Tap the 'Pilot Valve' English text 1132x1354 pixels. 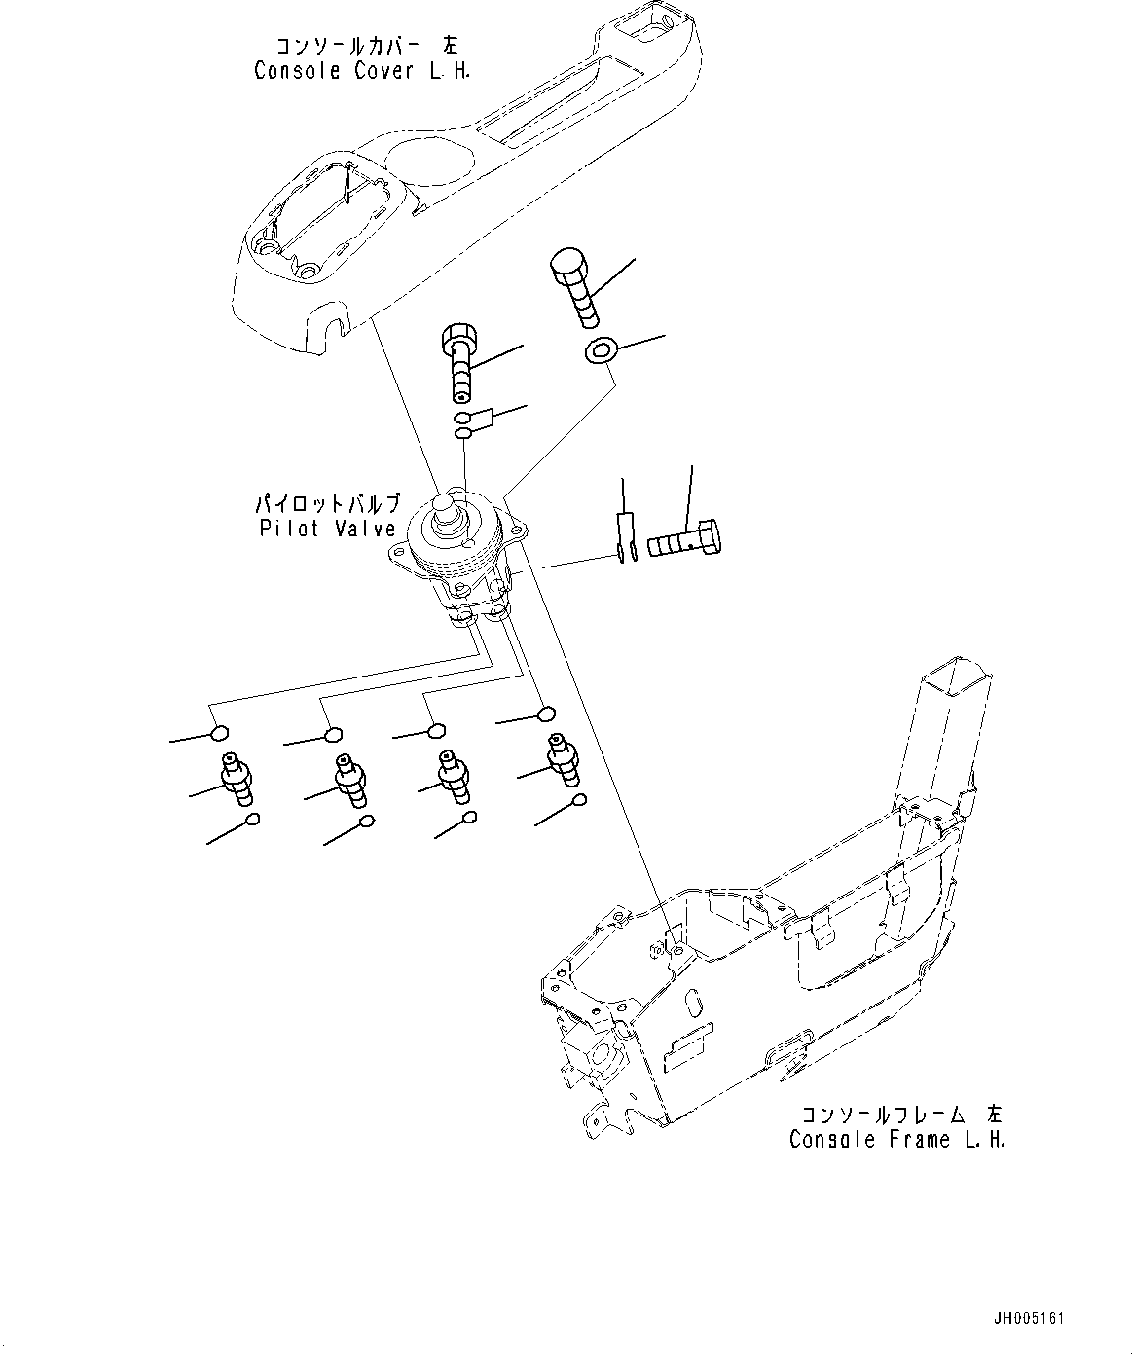[328, 529]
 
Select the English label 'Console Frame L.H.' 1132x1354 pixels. [896, 1140]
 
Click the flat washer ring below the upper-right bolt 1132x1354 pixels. [601, 350]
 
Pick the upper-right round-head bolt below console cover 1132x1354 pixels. [575, 285]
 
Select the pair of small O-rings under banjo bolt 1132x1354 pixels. [466, 426]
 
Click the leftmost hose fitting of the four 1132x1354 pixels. [235, 778]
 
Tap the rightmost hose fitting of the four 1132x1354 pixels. [562, 755]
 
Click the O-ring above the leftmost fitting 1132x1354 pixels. [220, 733]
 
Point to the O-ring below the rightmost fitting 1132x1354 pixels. [579, 801]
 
